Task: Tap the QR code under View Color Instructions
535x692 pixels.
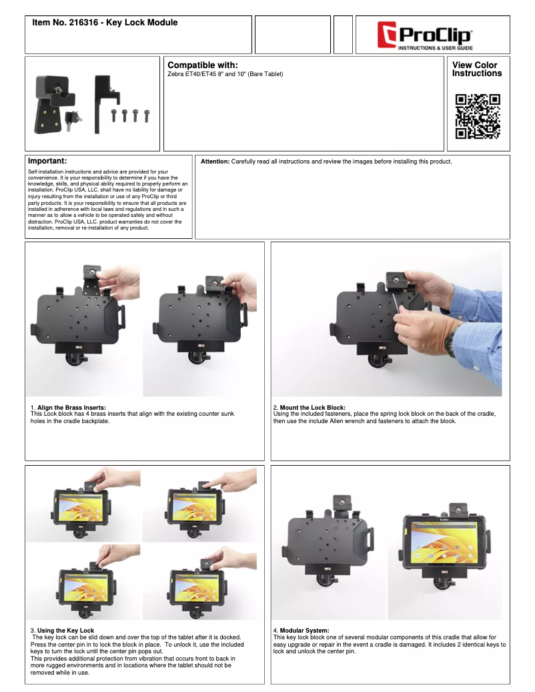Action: [x=478, y=116]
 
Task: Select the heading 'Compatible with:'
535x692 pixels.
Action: [x=203, y=65]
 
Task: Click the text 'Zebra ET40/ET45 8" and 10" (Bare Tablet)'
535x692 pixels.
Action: [x=225, y=73]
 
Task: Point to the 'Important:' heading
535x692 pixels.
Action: [x=47, y=161]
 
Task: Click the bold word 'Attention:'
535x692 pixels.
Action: [x=215, y=162]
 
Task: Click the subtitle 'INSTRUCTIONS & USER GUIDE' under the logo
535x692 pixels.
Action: [x=436, y=49]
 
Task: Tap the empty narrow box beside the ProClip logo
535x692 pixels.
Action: [x=343, y=35]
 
